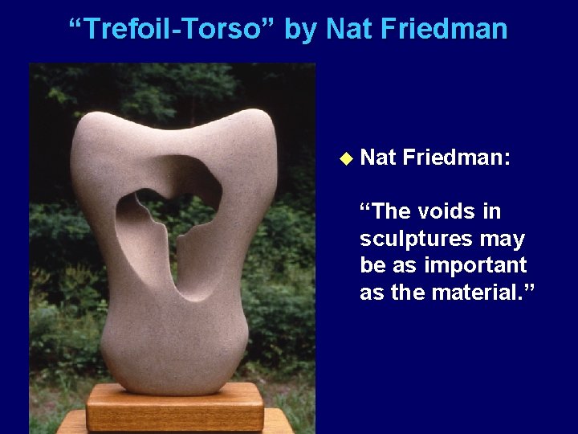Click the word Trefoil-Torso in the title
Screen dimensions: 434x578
[173, 30]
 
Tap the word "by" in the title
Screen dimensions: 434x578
[302, 30]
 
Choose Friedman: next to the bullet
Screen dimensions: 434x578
[457, 158]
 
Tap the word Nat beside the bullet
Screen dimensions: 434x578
[377, 158]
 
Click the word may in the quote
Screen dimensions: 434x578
[505, 239]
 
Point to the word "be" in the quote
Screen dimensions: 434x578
[373, 265]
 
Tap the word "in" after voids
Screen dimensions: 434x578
[491, 211]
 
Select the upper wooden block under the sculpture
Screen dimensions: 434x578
[175, 406]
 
